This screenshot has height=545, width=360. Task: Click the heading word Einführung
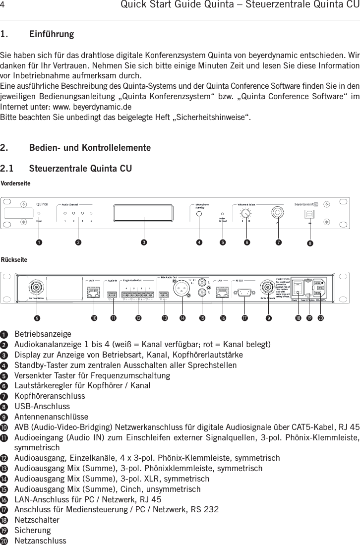[x=52, y=35]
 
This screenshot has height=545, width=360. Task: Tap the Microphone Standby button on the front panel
[x=199, y=213]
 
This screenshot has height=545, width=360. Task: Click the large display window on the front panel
[x=144, y=213]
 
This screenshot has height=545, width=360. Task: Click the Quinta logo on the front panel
[x=42, y=203]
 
